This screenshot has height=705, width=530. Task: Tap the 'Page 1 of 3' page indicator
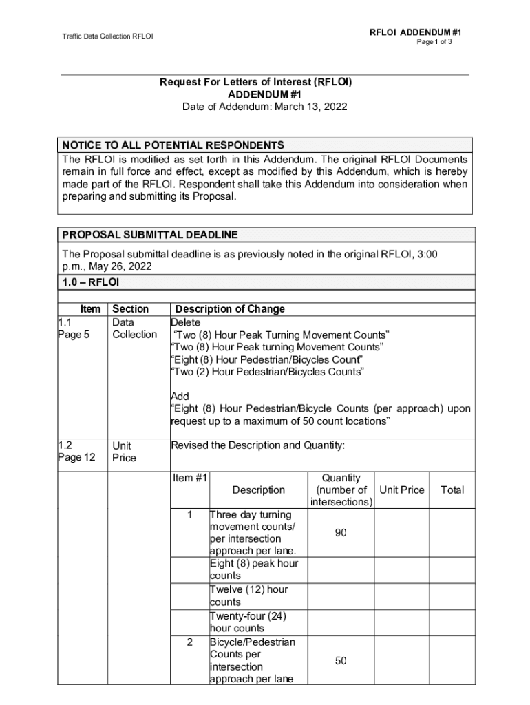pos(434,42)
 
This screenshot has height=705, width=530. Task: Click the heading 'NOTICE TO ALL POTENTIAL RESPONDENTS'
pos(173,145)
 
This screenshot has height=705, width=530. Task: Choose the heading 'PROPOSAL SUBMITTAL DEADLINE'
pos(150,235)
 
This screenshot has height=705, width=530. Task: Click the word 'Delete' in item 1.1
pos(186,322)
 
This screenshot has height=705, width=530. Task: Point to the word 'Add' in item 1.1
pos(180,397)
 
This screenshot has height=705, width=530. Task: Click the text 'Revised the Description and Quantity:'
pos(257,445)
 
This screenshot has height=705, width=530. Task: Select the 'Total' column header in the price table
pos(452,490)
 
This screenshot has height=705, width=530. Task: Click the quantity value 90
pos(341,533)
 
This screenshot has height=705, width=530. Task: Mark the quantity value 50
pos(341,661)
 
